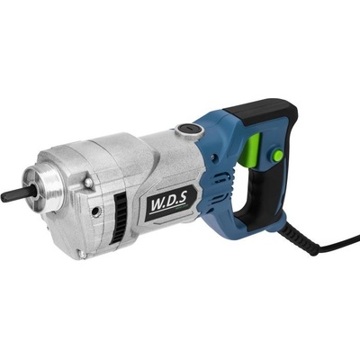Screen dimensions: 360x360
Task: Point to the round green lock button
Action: (x=278, y=157)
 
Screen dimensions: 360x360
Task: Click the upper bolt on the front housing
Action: (x=88, y=183)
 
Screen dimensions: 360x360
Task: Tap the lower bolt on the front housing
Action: (x=82, y=254)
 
